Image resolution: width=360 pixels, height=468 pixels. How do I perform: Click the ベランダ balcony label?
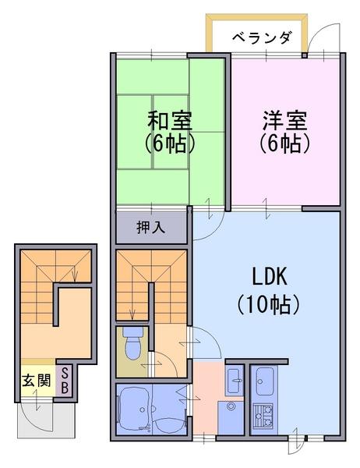(261, 38)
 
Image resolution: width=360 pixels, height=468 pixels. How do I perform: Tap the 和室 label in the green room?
(169, 120)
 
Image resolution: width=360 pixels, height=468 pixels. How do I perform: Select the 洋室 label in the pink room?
(285, 120)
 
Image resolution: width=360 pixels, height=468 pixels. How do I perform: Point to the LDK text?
(270, 277)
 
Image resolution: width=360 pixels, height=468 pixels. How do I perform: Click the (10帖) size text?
(268, 305)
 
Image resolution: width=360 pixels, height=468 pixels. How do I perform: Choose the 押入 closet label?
(151, 228)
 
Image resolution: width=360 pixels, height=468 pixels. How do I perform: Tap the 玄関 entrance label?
(37, 381)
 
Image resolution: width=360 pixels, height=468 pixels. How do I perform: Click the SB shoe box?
(65, 381)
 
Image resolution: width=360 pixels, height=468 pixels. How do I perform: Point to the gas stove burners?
(263, 416)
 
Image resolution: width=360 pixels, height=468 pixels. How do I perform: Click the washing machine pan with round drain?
(231, 417)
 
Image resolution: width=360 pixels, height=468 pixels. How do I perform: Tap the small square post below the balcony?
(304, 55)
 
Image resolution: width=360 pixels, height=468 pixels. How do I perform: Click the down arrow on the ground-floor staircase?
(75, 274)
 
